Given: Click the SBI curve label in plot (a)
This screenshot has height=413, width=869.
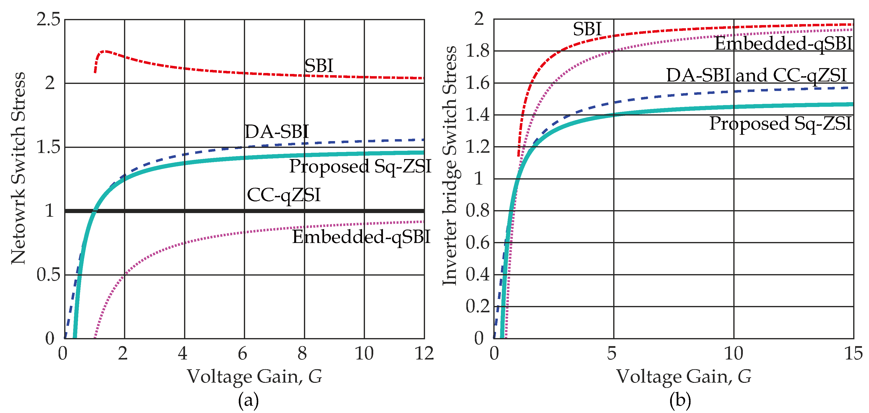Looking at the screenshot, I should click(319, 66).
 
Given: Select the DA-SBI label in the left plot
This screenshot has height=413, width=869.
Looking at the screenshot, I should click(276, 132).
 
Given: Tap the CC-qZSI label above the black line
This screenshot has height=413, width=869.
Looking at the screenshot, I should click(283, 195).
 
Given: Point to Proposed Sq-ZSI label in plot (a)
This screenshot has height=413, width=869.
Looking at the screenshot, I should click(360, 166).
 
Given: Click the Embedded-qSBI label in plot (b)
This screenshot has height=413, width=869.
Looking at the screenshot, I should click(783, 44).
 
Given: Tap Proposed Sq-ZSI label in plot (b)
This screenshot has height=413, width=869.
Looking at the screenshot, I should click(780, 124).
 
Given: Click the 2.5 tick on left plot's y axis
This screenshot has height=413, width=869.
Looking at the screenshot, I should click(48, 19).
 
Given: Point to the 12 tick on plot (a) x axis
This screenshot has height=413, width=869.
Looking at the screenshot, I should click(424, 354).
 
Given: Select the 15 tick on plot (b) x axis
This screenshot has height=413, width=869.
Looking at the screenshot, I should click(853, 354).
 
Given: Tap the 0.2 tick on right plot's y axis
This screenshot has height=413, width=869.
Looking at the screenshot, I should click(477, 306).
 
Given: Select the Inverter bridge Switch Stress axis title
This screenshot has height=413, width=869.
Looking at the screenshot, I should click(449, 165).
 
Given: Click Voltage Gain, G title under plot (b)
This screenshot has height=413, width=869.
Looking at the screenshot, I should click(684, 377).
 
